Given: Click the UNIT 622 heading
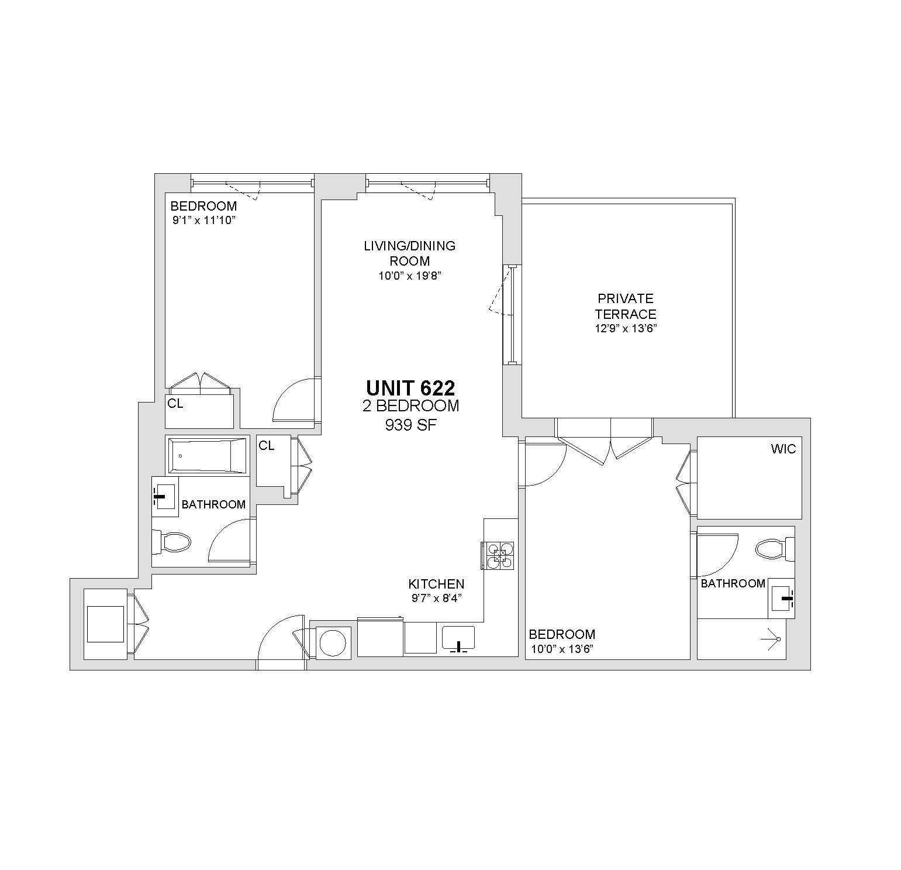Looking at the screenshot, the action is [x=410, y=388].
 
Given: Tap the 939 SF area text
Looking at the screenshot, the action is [x=410, y=425].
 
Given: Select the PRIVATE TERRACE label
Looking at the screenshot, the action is [x=626, y=306].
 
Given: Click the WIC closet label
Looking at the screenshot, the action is [x=783, y=449].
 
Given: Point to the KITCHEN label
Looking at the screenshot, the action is [x=436, y=584].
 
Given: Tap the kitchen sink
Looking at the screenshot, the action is [x=458, y=638].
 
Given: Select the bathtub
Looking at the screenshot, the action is [x=208, y=455].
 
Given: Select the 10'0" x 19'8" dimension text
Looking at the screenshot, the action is [x=409, y=276].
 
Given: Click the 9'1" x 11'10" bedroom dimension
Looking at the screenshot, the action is [x=203, y=220].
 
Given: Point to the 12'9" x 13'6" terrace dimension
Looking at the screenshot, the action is [x=626, y=329].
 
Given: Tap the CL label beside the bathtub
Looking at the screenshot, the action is [x=267, y=446].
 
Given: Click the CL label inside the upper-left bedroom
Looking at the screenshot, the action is [x=175, y=404].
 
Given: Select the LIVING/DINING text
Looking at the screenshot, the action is [x=409, y=246].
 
